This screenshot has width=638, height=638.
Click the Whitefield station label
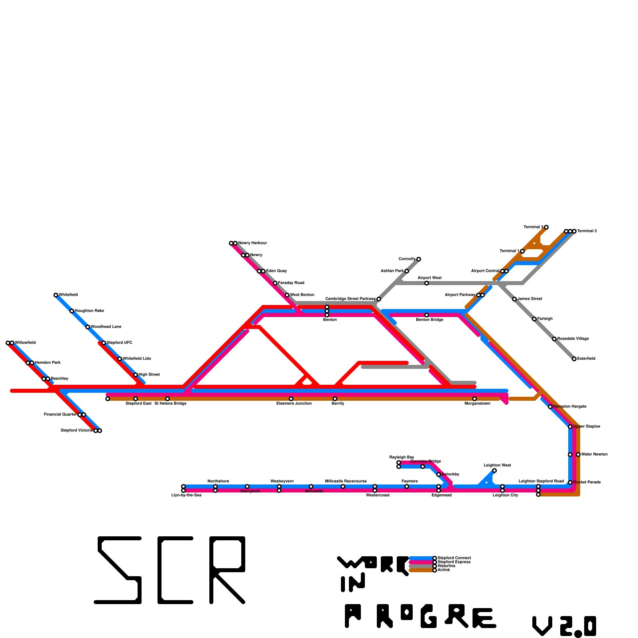coord(68,295)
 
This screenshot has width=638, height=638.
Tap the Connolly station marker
coord(419,259)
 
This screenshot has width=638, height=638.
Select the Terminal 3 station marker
coord(546,227)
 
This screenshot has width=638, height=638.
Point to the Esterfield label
coord(586,359)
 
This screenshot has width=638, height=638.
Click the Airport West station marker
coord(427,283)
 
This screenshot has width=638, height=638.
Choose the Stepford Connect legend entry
coord(454,558)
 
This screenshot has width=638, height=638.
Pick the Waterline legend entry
coord(446,566)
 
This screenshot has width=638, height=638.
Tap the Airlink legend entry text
coord(444,570)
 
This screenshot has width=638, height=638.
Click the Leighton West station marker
coord(494,471)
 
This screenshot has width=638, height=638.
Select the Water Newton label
coord(594,454)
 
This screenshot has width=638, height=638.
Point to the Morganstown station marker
coord(475,399)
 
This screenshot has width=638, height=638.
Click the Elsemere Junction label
coord(294,404)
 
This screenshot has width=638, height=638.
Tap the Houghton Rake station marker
coord(72,311)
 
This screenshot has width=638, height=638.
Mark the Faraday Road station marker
coord(275,283)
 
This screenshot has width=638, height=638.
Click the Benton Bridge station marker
coord(427,315)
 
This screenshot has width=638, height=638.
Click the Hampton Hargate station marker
coord(550,407)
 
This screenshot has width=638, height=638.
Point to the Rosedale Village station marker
coord(554,339)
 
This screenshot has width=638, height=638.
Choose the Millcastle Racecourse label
coord(346,481)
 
